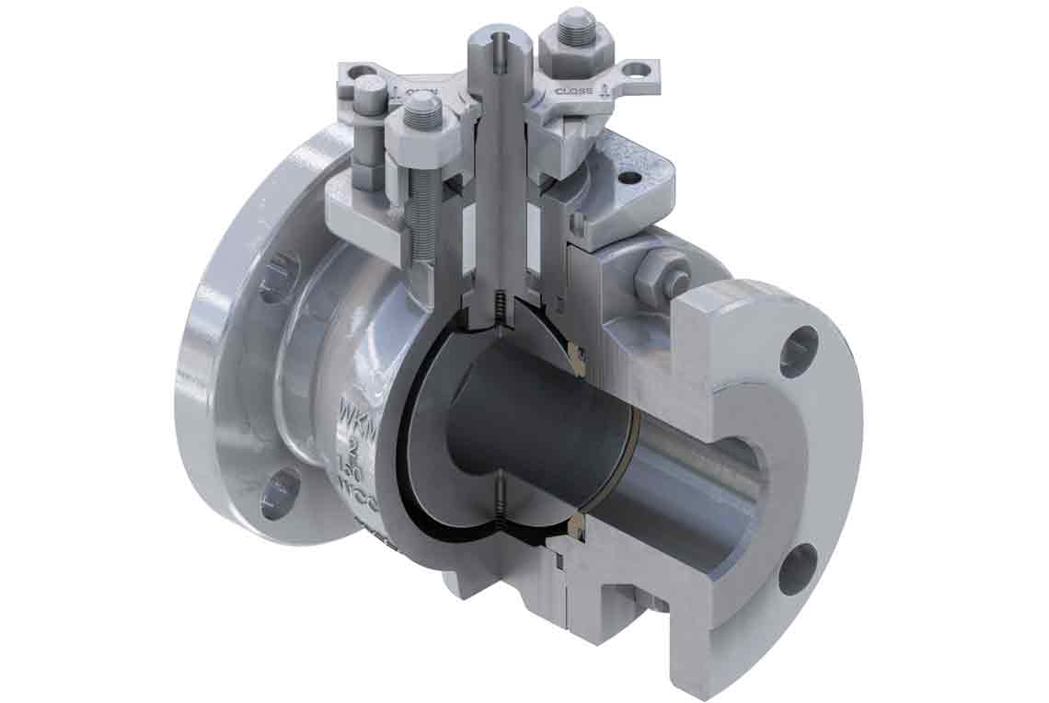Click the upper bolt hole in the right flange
797,351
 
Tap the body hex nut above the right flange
659,271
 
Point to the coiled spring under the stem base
498,309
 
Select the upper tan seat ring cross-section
577,352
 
